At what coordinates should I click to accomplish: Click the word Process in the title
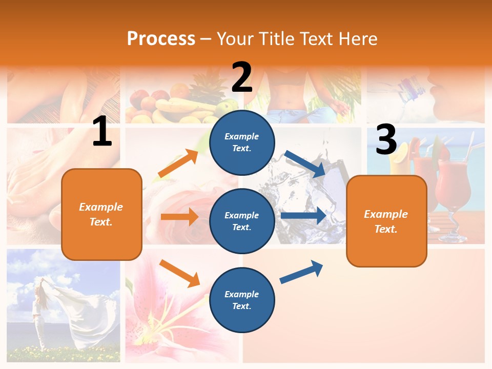(161, 39)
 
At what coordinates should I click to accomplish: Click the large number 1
(102, 132)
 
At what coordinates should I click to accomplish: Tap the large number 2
(242, 77)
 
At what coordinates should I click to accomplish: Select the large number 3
(386, 140)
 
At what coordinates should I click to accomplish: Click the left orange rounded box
(101, 214)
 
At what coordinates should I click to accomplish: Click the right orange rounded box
(386, 221)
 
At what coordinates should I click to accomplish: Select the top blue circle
(242, 142)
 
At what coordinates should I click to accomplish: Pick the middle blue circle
(242, 221)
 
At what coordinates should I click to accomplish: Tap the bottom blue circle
(242, 300)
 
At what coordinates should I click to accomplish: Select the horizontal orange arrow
(179, 217)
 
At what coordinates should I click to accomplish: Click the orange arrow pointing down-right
(179, 273)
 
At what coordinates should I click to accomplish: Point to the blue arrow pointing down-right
(305, 163)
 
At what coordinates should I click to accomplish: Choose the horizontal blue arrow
(303, 216)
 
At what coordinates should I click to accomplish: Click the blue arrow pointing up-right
(302, 272)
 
